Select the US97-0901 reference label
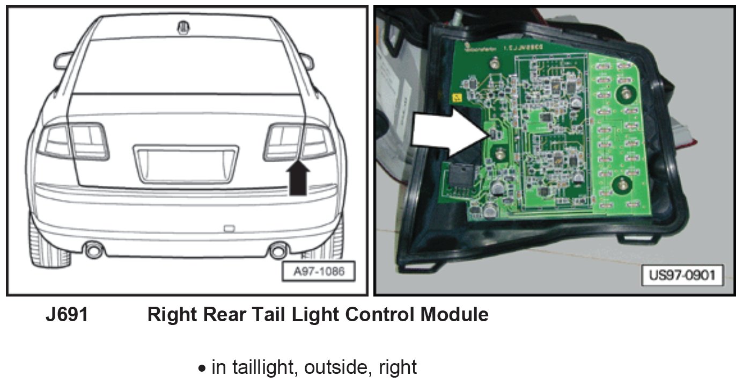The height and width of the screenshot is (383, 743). [x=682, y=276]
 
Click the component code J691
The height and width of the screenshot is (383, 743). [x=67, y=315]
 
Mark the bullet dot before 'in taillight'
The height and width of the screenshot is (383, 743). [x=202, y=369]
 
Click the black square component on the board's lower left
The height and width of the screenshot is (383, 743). [x=460, y=177]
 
